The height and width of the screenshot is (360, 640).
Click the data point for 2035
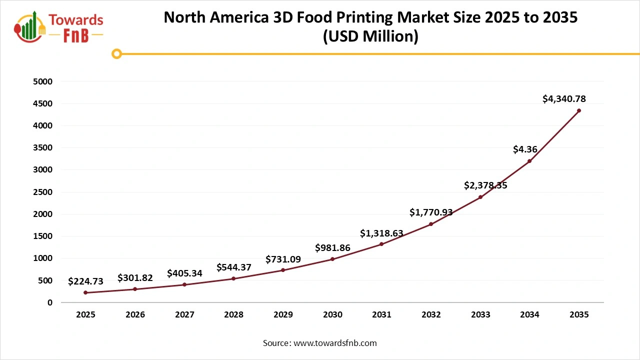pyautogui.click(x=579, y=110)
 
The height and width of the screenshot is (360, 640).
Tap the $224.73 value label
pyautogui.click(x=85, y=281)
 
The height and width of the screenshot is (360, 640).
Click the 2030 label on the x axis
pyautogui.click(x=332, y=315)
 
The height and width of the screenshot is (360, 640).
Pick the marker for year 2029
pyautogui.click(x=283, y=270)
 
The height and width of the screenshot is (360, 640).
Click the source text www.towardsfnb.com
pyautogui.click(x=334, y=343)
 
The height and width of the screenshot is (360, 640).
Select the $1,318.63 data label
pyautogui.click(x=381, y=233)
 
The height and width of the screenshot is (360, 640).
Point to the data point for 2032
pyautogui.click(x=431, y=224)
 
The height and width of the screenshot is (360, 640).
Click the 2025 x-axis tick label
pyautogui.click(x=85, y=315)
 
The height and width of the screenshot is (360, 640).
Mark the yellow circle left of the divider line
pyautogui.click(x=116, y=53)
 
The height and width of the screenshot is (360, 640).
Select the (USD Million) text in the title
pyautogui.click(x=370, y=36)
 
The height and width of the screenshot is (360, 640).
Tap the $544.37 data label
pyautogui.click(x=234, y=267)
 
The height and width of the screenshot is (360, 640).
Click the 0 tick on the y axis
pyautogui.click(x=50, y=302)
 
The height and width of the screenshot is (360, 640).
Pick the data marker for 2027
pyautogui.click(x=184, y=284)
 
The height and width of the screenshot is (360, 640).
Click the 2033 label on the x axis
pyautogui.click(x=480, y=315)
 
